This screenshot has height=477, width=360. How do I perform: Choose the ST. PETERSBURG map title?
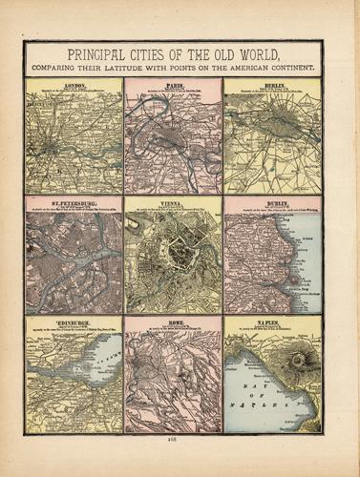74,202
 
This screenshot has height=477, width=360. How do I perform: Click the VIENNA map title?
173,202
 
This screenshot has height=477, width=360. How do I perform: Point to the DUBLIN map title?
272,202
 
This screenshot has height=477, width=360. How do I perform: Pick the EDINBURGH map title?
73,323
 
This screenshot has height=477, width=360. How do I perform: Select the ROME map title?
173,323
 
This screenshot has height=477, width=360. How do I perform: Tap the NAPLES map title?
272,323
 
